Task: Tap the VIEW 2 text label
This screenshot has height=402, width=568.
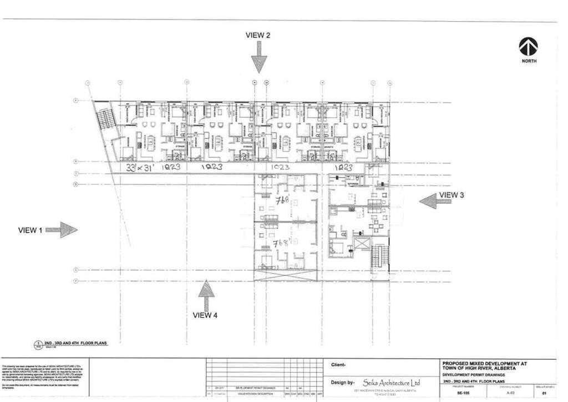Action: tap(258, 35)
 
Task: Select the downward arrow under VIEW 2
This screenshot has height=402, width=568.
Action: tap(258, 58)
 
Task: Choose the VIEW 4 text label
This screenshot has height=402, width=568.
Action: tap(205, 315)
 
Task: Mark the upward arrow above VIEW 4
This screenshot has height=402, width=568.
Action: tap(206, 294)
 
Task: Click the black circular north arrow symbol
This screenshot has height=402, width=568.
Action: tap(528, 47)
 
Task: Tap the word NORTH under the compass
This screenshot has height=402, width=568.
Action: tap(529, 61)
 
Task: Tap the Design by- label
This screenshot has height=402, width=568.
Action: tap(343, 383)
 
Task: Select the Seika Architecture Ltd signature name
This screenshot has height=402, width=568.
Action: tap(391, 383)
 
